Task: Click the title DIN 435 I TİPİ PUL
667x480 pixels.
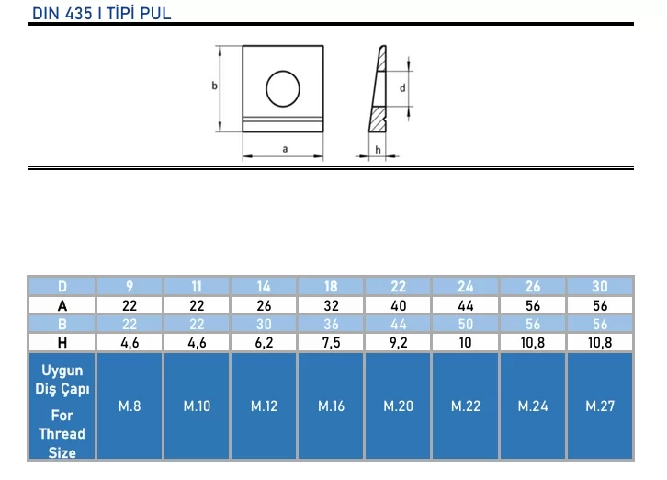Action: click(x=102, y=14)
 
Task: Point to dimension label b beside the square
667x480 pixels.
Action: click(x=214, y=86)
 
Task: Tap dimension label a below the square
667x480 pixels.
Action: click(x=285, y=149)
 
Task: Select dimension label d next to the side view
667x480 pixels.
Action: click(x=402, y=88)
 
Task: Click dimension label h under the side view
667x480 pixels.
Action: click(x=378, y=150)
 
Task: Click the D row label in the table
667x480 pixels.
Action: click(x=62, y=286)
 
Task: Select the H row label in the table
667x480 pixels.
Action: click(x=62, y=342)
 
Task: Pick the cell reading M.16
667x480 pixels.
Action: click(x=332, y=406)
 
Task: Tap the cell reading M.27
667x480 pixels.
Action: click(x=600, y=406)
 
